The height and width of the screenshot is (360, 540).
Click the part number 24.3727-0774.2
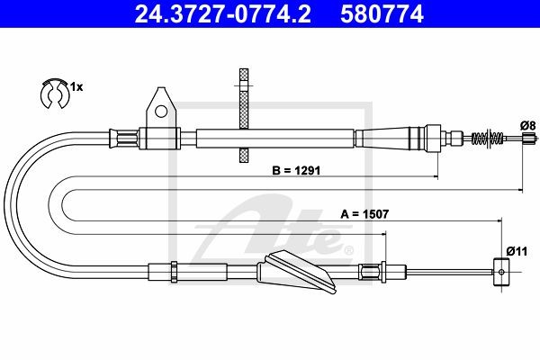[x=223, y=14]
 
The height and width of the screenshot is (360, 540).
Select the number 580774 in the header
[x=382, y=14]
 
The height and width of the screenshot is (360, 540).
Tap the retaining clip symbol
[x=55, y=94]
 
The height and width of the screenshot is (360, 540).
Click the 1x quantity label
[x=76, y=87]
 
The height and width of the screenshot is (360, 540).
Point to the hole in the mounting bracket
[x=161, y=111]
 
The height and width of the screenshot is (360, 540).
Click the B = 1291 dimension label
[x=296, y=170]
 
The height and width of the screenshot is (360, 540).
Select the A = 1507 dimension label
[x=364, y=214]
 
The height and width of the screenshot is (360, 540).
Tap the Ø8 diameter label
[x=528, y=125]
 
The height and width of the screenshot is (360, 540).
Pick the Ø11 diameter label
[x=517, y=251]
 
